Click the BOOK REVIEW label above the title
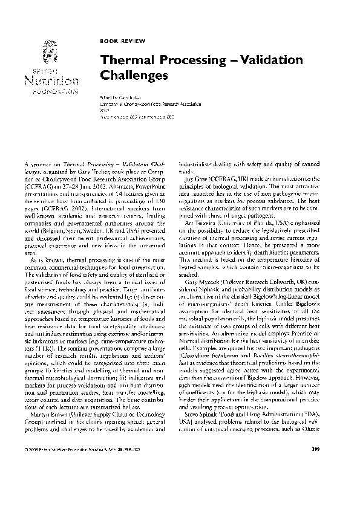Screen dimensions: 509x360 pyautogui.click(x=116, y=41)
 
